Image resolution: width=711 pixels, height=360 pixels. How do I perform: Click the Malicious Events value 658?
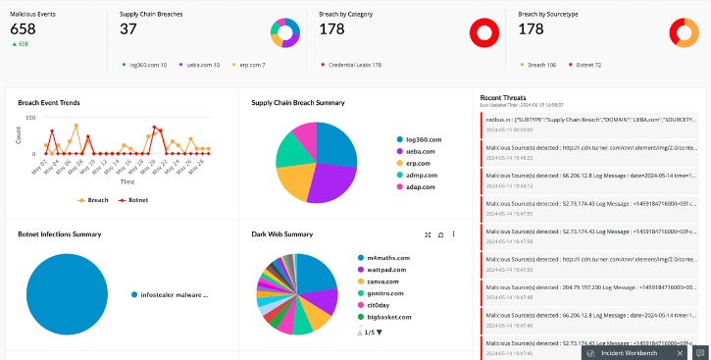(23, 30)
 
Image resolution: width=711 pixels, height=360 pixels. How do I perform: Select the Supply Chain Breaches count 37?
(127, 30)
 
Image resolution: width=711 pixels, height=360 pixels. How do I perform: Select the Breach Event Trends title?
(49, 102)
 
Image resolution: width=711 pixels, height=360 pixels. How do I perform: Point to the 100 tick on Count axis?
(29, 118)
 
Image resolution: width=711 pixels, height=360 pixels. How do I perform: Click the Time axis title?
(127, 181)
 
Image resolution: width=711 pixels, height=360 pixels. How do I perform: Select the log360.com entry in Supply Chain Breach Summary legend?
(424, 139)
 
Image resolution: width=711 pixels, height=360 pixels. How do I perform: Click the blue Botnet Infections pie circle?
(67, 293)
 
